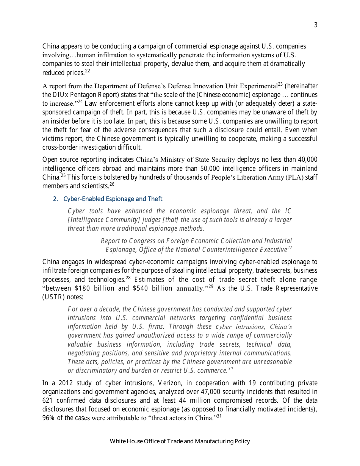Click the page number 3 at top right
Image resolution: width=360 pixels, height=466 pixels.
pyautogui.click(x=316, y=25)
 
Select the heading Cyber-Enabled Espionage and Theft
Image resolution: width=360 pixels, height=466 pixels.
pyautogui.click(x=113, y=199)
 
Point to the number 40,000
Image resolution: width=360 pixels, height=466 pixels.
pyautogui.click(x=306, y=160)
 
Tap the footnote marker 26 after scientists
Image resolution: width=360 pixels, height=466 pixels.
pyautogui.click(x=112, y=184)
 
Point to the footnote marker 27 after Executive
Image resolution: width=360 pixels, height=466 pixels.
pyautogui.click(x=290, y=248)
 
